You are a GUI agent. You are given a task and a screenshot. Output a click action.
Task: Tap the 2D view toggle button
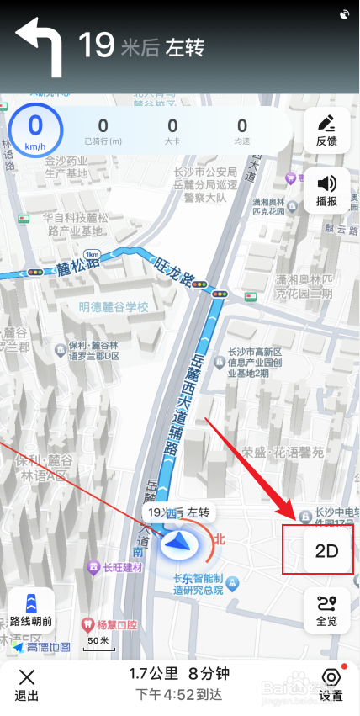pos(326,551)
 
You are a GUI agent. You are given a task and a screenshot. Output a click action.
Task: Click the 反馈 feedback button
pos(326,130)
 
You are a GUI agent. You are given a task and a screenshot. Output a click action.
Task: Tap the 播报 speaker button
pos(326,191)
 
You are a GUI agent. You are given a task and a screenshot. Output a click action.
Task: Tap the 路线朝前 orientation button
pos(32,611)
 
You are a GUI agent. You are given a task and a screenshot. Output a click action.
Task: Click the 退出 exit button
pos(27,685)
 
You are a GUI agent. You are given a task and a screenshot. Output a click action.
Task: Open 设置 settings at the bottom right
pos(331,685)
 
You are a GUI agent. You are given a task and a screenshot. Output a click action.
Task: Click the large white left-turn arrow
pos(39,46)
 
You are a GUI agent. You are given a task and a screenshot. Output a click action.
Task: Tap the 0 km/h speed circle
pos(35,130)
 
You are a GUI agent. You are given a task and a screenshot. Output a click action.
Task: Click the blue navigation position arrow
pos(177,544)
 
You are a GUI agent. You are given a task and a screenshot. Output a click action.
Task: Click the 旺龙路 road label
pos(175,271)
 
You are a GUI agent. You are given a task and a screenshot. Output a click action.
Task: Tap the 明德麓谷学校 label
pos(113,308)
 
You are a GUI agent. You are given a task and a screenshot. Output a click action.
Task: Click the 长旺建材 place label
pos(120,567)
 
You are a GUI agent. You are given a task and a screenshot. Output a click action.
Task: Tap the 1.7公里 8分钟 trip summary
pos(179,674)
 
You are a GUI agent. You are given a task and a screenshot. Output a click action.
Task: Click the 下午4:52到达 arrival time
pos(179,695)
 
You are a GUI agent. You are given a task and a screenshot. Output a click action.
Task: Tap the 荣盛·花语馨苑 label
pos(282,453)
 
